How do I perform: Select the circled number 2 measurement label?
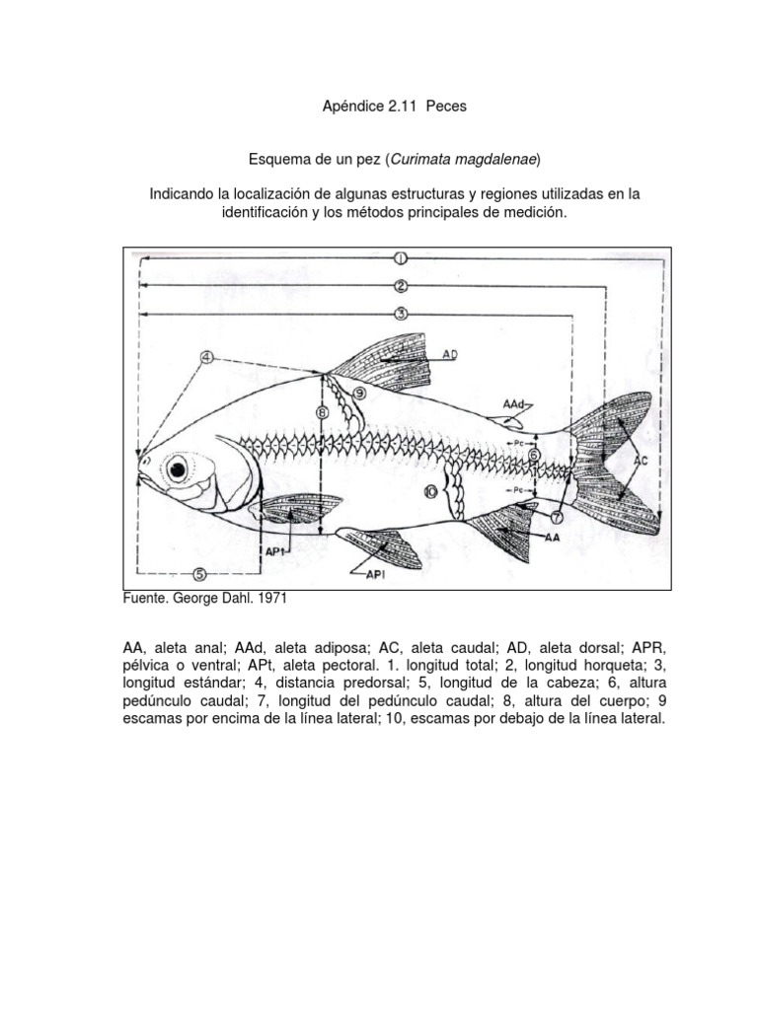coord(401,286)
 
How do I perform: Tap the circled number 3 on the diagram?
coord(401,314)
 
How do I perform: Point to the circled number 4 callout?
coord(206,357)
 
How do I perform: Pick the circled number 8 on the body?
coord(322,413)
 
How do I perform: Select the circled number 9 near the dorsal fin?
coord(358,393)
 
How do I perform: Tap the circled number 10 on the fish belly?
coord(430,490)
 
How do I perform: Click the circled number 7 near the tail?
coord(557,516)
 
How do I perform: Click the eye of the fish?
coord(178,469)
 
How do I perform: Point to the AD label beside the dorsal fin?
coord(450,352)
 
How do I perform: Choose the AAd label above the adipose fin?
coord(513,404)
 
